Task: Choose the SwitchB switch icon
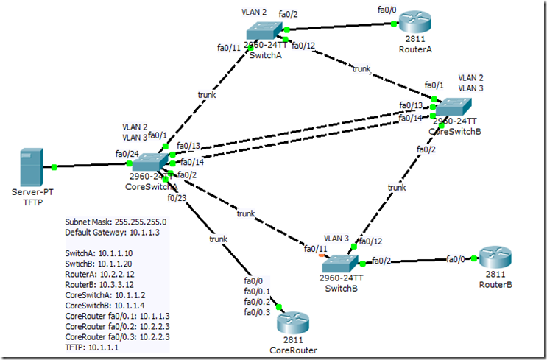tap(342, 263)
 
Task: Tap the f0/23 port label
tap(177, 197)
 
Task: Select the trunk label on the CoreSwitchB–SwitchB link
tap(398, 188)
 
